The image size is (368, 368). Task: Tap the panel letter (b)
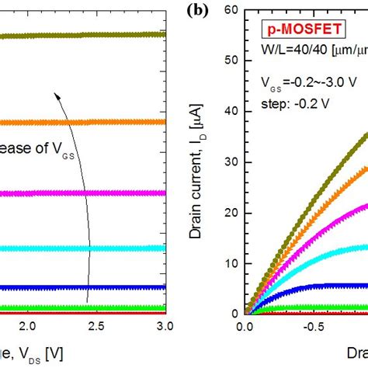(195, 12)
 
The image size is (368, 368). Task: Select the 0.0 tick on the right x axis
(245, 328)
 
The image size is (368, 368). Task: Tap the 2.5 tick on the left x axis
(96, 328)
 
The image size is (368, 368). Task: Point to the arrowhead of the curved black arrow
(56, 95)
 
